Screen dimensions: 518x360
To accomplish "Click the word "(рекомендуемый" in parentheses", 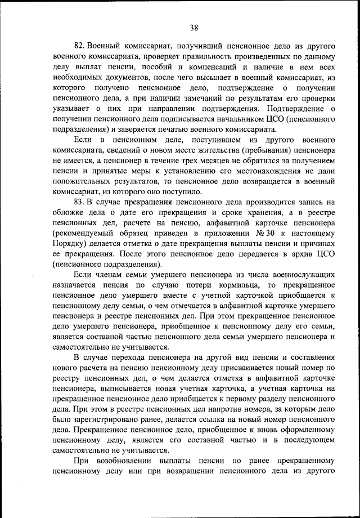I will tap(85, 233).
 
